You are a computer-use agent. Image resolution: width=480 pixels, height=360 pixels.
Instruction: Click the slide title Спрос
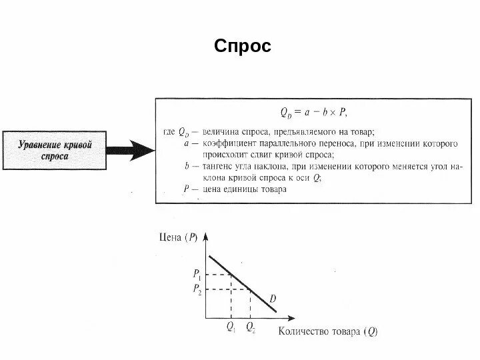[x=243, y=47]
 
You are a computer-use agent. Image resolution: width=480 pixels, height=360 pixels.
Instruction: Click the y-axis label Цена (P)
[x=178, y=235]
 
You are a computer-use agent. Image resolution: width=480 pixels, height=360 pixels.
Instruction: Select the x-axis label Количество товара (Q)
[x=326, y=329]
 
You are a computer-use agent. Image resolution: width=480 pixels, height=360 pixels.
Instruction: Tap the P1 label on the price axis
[x=197, y=273]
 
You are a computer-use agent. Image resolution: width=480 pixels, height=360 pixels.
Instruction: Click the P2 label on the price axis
[x=197, y=289]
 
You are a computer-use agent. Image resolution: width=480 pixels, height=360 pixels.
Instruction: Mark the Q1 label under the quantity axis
[x=231, y=327]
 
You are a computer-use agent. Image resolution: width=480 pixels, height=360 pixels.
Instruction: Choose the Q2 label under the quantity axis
[x=250, y=327]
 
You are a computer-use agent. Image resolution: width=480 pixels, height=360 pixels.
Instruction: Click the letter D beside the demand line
[x=273, y=298]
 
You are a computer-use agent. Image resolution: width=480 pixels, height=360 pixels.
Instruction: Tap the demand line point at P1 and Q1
[x=231, y=273]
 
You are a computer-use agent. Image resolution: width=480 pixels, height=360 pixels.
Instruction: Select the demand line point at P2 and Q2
[x=250, y=289]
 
